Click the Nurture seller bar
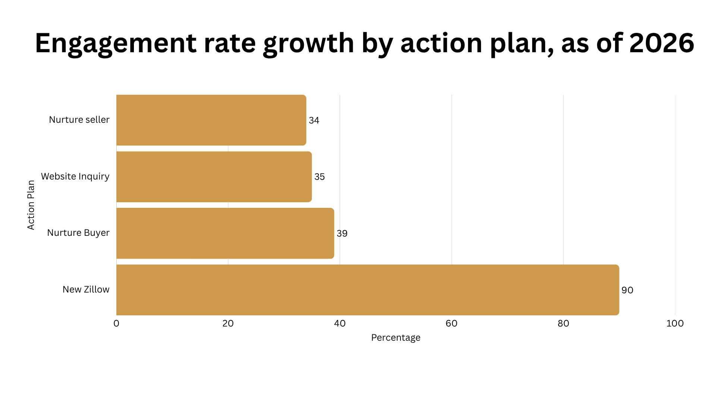pyautogui.click(x=211, y=120)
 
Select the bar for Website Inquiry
pyautogui.click(x=214, y=177)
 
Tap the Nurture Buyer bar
pyautogui.click(x=225, y=233)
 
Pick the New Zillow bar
pyautogui.click(x=368, y=290)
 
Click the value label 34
pyautogui.click(x=314, y=121)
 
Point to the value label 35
pyautogui.click(x=320, y=177)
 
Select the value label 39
pyautogui.click(x=342, y=234)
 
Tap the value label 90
pyautogui.click(x=627, y=290)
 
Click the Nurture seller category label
pyautogui.click(x=79, y=120)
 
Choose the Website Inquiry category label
pyautogui.click(x=75, y=176)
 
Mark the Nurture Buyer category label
pyautogui.click(x=78, y=233)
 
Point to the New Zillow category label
pyautogui.click(x=86, y=290)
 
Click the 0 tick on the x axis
pyautogui.click(x=116, y=324)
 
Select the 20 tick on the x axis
pyautogui.click(x=228, y=324)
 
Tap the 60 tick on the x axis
pyautogui.click(x=452, y=324)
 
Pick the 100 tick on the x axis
pyautogui.click(x=675, y=324)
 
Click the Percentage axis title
pyautogui.click(x=396, y=338)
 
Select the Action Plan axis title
pyautogui.click(x=31, y=205)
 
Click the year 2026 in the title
pyautogui.click(x=662, y=43)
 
